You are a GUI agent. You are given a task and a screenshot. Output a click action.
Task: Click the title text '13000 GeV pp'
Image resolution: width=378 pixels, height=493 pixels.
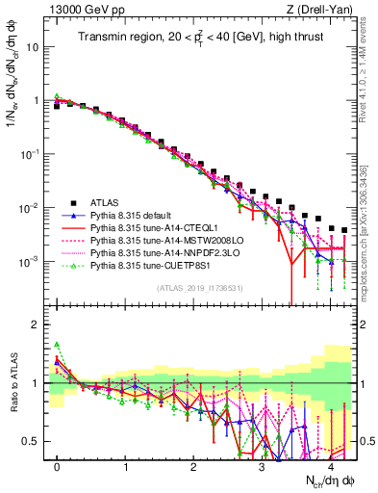(71, 9)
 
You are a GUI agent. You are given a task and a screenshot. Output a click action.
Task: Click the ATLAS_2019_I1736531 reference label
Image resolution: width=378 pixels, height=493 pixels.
(198, 289)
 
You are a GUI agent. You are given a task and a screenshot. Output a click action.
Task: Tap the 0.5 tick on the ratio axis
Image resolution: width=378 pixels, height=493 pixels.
(33, 441)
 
